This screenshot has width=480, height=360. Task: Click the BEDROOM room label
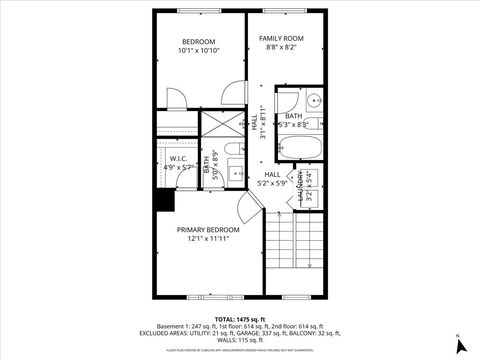coord(199,41)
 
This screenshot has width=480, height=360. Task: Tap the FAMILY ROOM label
coord(281,38)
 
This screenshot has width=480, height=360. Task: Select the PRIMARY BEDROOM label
coord(209,229)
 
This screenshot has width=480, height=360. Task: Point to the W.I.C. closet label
coord(178,158)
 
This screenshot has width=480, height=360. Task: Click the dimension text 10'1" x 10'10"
coord(199,50)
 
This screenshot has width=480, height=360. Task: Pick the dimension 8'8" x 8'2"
coord(281,47)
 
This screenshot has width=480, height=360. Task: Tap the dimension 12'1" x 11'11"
coord(209,239)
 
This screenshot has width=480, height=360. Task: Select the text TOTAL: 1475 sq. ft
coord(240,317)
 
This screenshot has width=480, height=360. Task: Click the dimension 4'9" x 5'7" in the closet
coord(178,168)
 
